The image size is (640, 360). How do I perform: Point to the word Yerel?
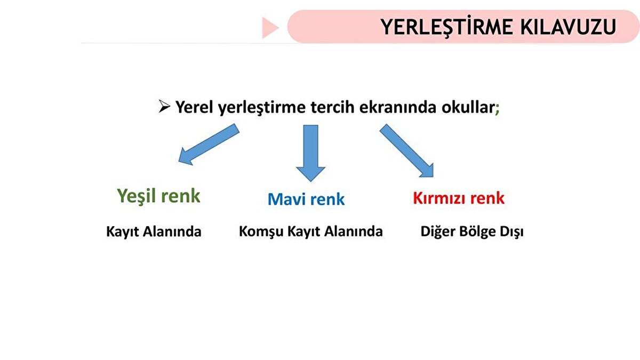[195, 108]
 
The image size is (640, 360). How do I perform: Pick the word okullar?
[468, 108]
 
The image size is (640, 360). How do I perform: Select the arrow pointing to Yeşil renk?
[208, 144]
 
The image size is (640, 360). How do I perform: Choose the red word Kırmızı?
[438, 198]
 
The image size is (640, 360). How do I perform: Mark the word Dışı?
[510, 233]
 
